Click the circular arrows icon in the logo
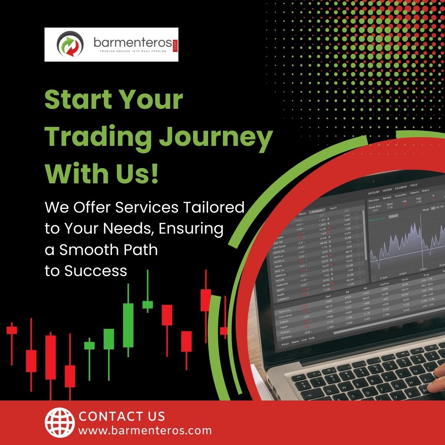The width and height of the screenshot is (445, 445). (x=70, y=44)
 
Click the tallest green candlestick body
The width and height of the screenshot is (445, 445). (x=128, y=325)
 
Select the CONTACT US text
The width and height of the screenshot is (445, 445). (x=122, y=416)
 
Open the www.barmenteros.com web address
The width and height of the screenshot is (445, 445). (x=145, y=431)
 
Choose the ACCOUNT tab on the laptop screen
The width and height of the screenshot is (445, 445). (x=374, y=192)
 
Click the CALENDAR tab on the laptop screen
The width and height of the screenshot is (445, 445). (x=400, y=188)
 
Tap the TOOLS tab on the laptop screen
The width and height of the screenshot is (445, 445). (x=414, y=185)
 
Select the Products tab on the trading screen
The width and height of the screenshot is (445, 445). (x=317, y=211)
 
